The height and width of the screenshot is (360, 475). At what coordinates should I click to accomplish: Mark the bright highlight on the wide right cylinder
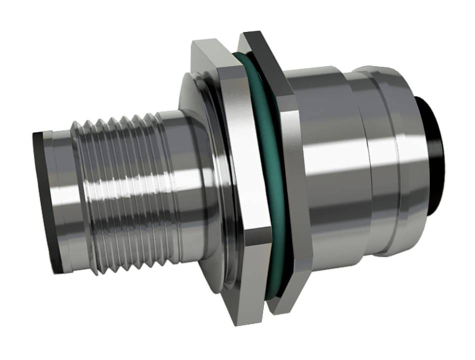tap(330, 150)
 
